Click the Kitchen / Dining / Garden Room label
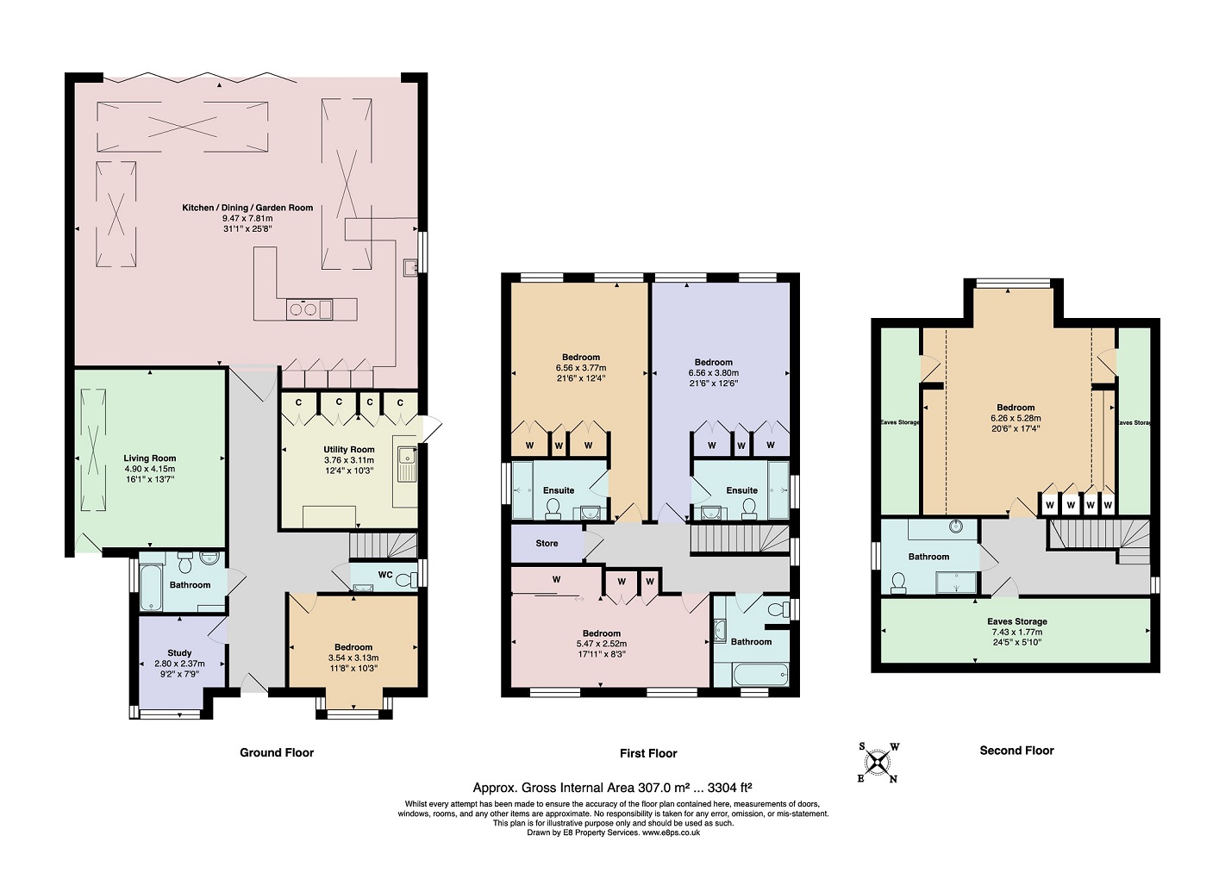pos(247,208)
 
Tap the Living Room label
pos(149,458)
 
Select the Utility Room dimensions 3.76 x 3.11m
pos(348,460)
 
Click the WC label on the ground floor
pos(385,575)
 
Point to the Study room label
pos(179,653)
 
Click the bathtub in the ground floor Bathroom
pos(150,588)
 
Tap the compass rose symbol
pos(878,763)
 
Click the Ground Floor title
pos(277,752)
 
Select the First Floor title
pos(648,753)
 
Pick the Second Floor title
pos(1016,751)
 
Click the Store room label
pos(547,543)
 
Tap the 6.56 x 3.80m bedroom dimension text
pos(713,373)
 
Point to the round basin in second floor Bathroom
pos(956,526)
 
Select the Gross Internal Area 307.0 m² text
pos(612,787)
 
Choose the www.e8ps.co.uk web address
pos(671,832)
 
